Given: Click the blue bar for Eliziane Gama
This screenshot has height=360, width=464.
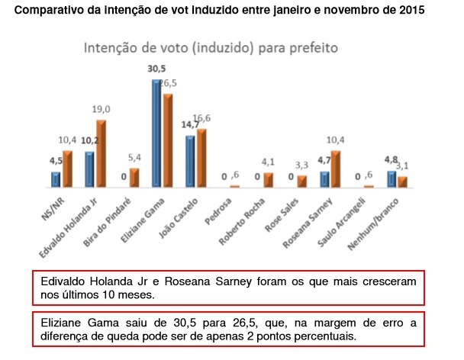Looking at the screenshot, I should (156, 133).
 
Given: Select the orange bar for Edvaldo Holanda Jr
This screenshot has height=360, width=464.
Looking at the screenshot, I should (100, 154).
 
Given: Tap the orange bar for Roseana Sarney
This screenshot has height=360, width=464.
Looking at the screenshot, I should (334, 169).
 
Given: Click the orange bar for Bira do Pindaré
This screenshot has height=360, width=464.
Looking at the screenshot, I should (134, 178).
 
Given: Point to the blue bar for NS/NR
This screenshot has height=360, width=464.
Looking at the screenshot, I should (56, 179).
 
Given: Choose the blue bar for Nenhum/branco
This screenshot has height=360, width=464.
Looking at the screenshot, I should (391, 178).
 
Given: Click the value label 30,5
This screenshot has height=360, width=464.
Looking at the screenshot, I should (156, 69).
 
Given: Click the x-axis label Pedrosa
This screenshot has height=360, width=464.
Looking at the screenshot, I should (227, 206).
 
